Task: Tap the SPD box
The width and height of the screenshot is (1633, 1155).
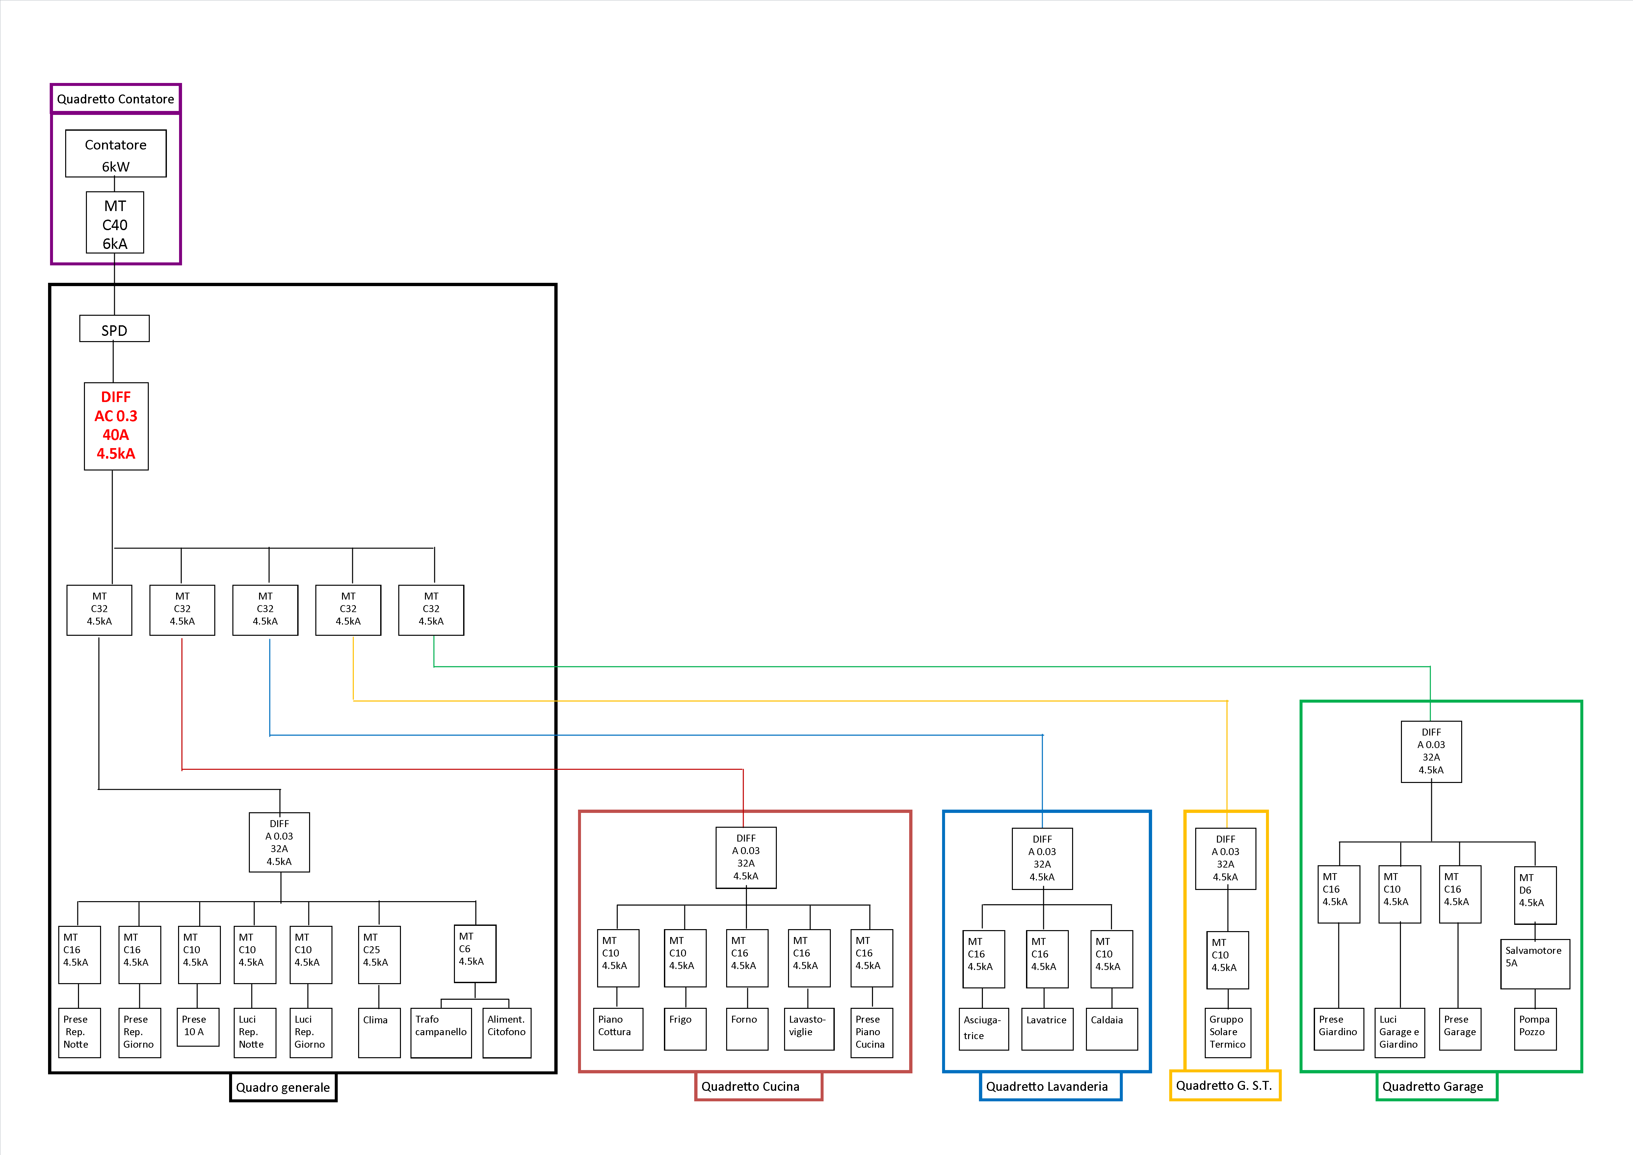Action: [115, 329]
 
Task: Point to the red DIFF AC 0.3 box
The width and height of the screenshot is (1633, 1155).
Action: [116, 426]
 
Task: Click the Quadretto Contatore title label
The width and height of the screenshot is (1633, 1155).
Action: [115, 99]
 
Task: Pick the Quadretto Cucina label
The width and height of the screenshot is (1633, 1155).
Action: [758, 1086]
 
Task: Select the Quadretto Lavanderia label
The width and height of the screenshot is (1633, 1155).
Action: [1050, 1086]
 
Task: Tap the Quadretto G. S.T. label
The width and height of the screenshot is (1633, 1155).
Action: [1225, 1085]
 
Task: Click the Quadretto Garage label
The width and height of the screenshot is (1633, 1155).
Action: [1437, 1086]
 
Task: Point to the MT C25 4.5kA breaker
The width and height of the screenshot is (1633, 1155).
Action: [379, 954]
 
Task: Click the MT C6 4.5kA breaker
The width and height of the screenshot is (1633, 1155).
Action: [475, 953]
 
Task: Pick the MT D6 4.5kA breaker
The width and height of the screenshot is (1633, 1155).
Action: [1535, 895]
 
